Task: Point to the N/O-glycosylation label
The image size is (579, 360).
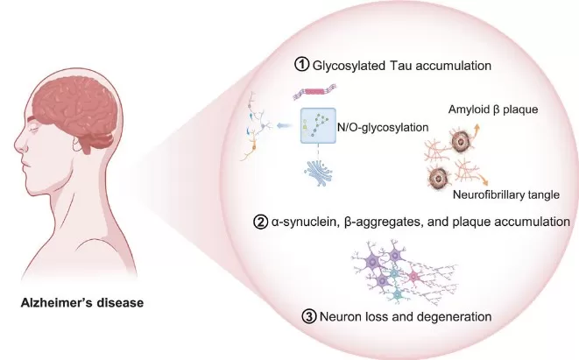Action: click(379, 127)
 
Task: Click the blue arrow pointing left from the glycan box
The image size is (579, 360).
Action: click(283, 126)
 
